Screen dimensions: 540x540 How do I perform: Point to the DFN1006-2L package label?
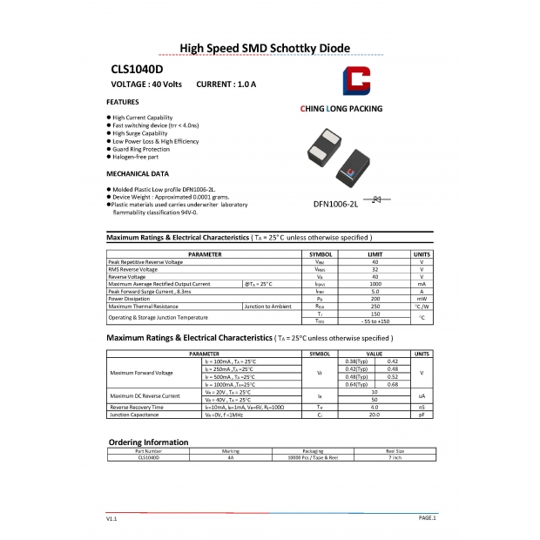[x=335, y=204]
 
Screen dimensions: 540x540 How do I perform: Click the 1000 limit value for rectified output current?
[x=375, y=284]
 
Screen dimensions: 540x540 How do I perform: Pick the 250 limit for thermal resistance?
[x=375, y=307]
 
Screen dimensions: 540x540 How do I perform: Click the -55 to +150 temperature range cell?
[x=375, y=321]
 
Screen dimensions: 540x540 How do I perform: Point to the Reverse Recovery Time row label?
[x=136, y=407]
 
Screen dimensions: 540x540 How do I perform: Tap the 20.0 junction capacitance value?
[x=375, y=415]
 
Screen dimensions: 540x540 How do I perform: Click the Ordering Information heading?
[x=147, y=442]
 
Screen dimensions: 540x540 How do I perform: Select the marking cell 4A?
[x=231, y=457]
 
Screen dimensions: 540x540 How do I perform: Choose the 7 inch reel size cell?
[x=395, y=457]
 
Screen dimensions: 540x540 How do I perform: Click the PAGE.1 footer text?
[x=427, y=517]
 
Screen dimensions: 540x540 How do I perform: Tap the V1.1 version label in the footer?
[x=111, y=518]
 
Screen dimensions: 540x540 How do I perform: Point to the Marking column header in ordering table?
[x=231, y=451]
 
